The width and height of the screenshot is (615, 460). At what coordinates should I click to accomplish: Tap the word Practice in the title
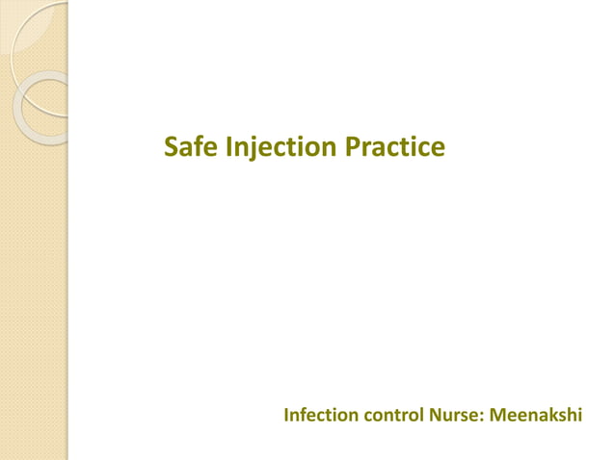point(395,147)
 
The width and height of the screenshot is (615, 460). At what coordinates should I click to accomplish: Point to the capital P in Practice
point(354,147)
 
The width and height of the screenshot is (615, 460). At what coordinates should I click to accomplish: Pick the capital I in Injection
point(228,147)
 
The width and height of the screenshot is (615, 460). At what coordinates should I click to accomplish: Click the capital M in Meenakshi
point(498,416)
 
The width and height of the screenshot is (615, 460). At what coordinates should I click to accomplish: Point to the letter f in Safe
point(199,146)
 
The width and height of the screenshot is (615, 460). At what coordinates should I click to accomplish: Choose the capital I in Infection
point(286,416)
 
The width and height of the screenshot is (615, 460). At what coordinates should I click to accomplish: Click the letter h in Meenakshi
point(573,416)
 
